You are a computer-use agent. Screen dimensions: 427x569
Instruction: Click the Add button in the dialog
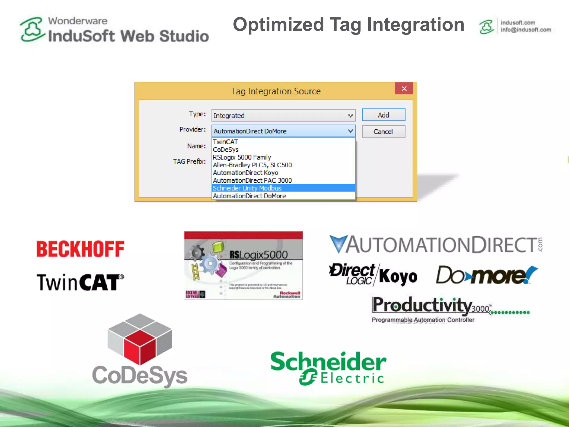(x=383, y=115)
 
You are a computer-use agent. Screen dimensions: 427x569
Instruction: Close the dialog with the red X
(x=404, y=88)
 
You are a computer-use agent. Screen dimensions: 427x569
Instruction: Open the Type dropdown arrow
(x=350, y=115)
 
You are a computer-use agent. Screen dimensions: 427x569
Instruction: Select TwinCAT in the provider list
(x=225, y=142)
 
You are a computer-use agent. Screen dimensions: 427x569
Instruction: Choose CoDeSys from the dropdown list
(x=226, y=150)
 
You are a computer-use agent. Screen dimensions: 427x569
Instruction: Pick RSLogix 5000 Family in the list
(x=242, y=157)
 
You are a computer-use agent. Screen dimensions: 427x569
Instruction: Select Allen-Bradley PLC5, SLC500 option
(x=252, y=165)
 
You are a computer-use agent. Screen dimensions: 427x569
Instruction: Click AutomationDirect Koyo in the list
(x=245, y=173)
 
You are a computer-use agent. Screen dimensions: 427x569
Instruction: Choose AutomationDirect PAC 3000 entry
(x=252, y=180)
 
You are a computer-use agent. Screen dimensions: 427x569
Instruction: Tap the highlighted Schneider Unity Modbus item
(x=247, y=188)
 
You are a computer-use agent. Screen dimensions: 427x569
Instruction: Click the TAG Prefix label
(x=189, y=161)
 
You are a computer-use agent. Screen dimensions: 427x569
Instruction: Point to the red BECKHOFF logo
(x=80, y=249)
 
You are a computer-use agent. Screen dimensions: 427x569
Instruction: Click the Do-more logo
(x=486, y=275)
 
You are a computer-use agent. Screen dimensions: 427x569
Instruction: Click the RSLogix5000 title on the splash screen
(x=258, y=254)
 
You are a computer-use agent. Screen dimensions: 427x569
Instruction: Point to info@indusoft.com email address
(x=526, y=30)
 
